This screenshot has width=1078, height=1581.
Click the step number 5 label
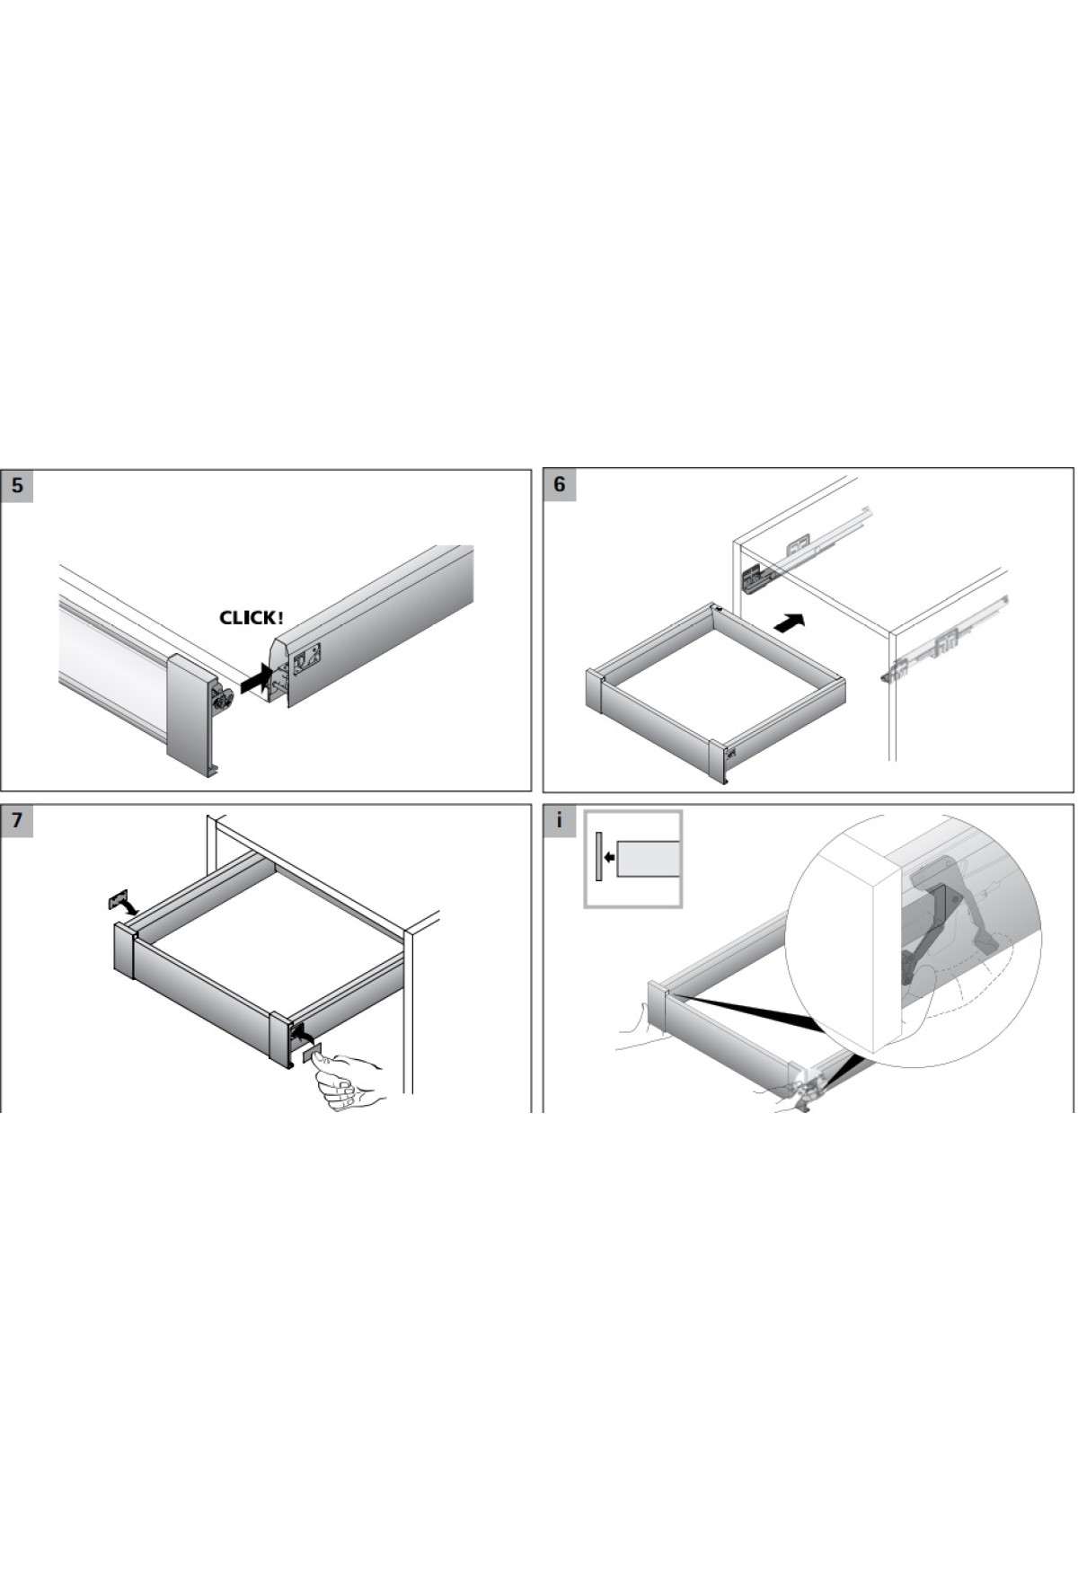coord(18,486)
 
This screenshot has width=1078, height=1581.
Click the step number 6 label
coord(560,486)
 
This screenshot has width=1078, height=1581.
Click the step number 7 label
coord(18,821)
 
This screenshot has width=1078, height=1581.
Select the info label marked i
coord(560,821)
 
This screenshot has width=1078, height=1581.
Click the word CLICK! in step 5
coord(252,618)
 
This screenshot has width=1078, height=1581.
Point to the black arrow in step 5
coord(257,679)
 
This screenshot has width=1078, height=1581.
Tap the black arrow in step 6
coord(789,623)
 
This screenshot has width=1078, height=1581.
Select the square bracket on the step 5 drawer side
coord(306,658)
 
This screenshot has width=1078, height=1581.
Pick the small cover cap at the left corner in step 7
coord(118,899)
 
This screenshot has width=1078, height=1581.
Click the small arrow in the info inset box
coord(610,858)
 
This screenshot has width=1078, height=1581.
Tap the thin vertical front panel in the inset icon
coord(597,857)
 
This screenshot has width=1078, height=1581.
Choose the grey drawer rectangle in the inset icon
coord(648,858)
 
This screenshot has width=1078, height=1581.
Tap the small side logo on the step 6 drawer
coord(731,753)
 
